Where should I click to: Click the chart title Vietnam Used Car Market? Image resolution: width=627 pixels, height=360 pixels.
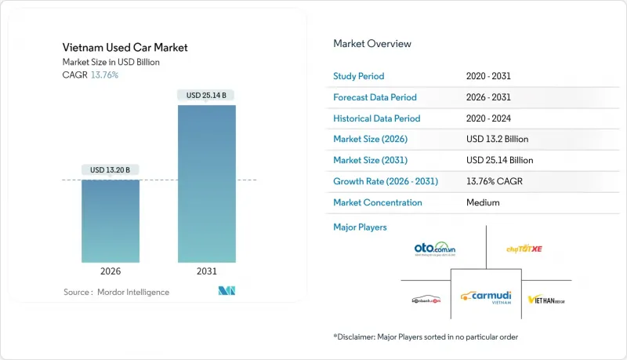[x=125, y=48]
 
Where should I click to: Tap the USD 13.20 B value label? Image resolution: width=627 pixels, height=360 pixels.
[x=111, y=169]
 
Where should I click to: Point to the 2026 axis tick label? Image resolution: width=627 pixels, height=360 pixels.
[x=111, y=271]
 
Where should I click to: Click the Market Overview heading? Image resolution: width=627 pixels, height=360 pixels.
[x=371, y=44]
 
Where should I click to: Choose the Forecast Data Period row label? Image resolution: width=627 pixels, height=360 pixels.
[x=375, y=97]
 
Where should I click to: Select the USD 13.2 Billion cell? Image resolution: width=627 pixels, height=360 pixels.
[x=497, y=139]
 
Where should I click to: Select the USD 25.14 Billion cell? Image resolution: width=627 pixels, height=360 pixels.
[x=500, y=160]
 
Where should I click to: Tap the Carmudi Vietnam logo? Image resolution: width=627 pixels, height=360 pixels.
[x=487, y=296]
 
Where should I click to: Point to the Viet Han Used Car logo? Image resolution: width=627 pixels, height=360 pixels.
[x=547, y=299]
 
